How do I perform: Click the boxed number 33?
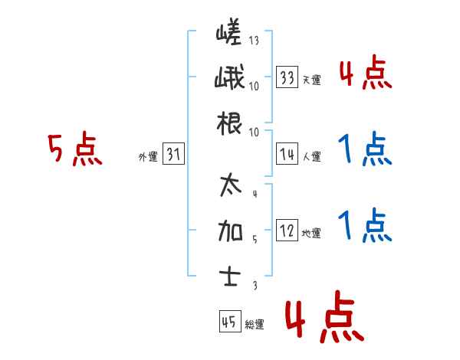click(x=287, y=77)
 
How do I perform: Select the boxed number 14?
click(x=287, y=154)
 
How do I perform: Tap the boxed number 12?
click(x=287, y=231)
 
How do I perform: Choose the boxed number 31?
click(x=173, y=154)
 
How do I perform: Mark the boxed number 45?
click(x=228, y=322)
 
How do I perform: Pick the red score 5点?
click(x=74, y=150)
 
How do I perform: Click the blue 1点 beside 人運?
click(x=364, y=149)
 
